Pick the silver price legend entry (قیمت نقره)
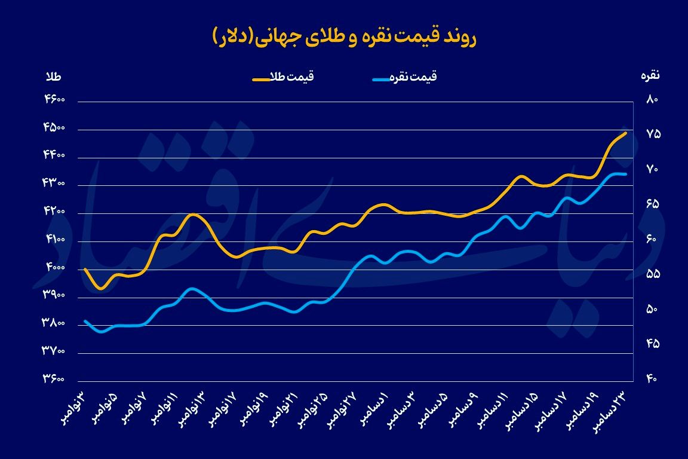(x=405, y=77)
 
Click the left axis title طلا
(x=54, y=76)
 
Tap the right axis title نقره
(x=650, y=76)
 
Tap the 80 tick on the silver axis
(x=652, y=100)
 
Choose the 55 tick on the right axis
(x=652, y=274)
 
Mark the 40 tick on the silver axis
(x=652, y=380)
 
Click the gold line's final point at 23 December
(x=625, y=133)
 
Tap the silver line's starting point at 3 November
(x=85, y=321)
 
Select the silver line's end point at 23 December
(x=625, y=174)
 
